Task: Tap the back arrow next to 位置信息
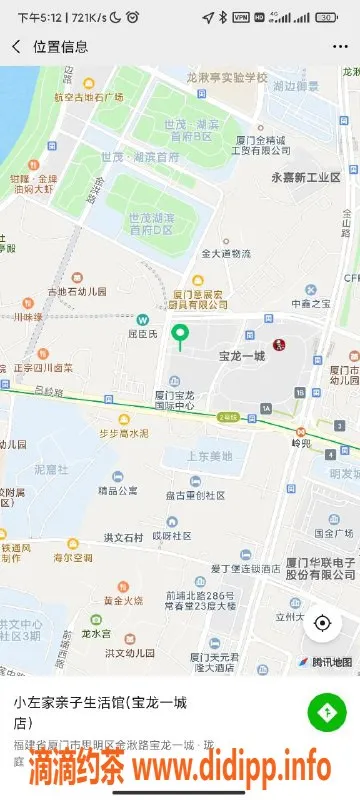16,47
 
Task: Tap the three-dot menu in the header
340,47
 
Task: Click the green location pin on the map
180,335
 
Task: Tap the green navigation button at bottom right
326,711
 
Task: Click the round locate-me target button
322,624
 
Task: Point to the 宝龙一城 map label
242,355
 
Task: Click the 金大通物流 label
226,254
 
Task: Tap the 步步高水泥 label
123,433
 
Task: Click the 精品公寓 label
118,491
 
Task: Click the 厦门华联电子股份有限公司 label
320,568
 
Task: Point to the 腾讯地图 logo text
332,661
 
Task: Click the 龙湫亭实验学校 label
227,77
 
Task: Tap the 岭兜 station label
303,442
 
